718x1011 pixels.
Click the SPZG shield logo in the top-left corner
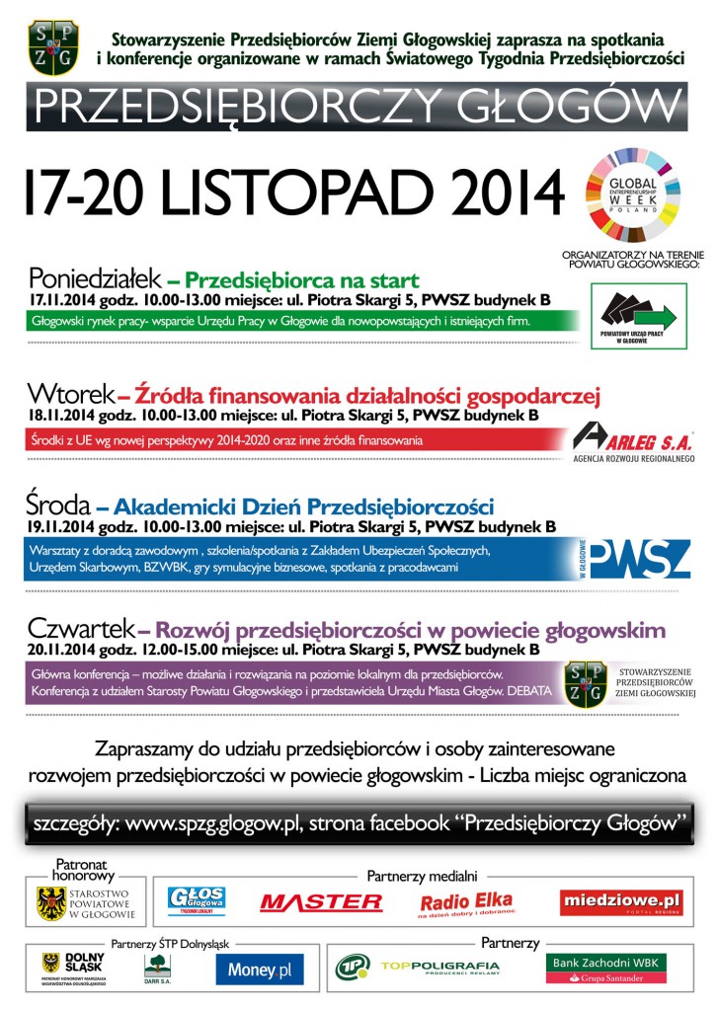[x=53, y=46]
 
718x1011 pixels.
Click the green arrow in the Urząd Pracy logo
[x=654, y=317]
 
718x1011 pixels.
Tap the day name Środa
[x=59, y=506]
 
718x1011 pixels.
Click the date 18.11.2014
[x=63, y=416]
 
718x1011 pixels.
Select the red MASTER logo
[x=321, y=901]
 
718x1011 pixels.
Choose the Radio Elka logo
[x=466, y=902]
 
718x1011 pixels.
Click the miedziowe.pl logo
[x=621, y=901]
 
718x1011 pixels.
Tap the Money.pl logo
[x=260, y=970]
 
